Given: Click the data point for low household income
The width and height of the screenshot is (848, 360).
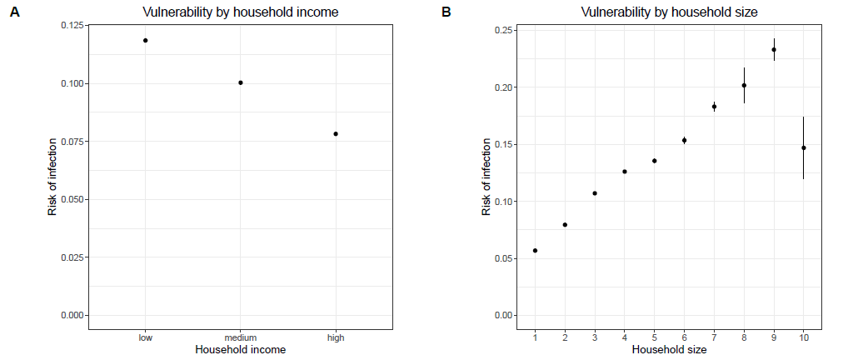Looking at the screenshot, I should pos(145,40).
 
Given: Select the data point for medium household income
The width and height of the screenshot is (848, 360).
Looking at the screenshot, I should pos(241,82).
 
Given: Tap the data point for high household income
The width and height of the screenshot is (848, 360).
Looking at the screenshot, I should pos(336,133).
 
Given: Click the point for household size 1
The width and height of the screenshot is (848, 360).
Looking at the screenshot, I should pos(535,250).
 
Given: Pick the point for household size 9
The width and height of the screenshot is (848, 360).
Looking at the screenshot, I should pos(774,49).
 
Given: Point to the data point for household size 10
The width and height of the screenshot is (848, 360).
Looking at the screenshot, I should pos(804,147).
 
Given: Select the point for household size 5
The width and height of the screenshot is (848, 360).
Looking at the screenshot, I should pos(655,161).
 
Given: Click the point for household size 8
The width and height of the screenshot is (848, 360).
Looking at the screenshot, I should pos(744,85).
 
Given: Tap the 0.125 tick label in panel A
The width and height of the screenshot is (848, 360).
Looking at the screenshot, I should pos(72,26).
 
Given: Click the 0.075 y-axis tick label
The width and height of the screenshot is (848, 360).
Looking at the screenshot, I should pos(72,142).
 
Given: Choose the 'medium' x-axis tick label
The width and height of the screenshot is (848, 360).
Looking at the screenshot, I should pos(241,338).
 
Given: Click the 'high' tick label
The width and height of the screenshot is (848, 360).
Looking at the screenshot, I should pos(336,338).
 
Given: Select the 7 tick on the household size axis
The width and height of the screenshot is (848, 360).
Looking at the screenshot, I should pos(714,337).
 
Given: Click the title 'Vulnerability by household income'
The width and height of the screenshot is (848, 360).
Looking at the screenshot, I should pos(241,12).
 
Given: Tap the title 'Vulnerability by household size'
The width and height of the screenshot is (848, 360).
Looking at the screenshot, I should pos(669,12).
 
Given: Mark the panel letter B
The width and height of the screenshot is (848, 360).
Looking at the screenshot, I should pos(446,12).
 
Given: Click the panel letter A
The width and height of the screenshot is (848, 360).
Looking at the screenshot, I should pos(14,12).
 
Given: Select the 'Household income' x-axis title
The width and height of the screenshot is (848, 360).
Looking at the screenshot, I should pos(240,350).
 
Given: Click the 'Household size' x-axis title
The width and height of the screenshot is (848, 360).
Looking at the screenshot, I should pos(669,350).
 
